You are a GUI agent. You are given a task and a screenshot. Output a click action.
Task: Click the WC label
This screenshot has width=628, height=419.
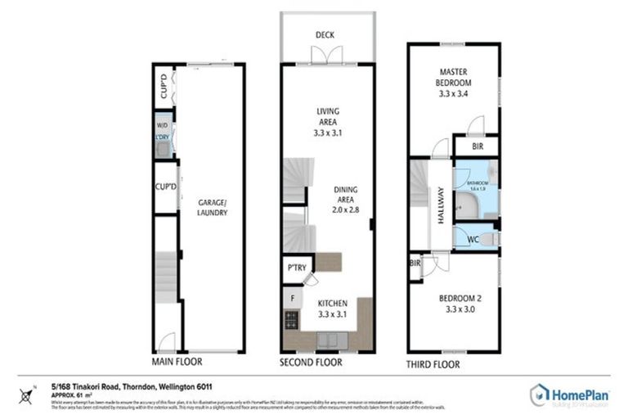click(x=473, y=240)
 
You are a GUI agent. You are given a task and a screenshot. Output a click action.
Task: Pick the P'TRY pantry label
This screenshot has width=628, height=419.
click(x=295, y=268)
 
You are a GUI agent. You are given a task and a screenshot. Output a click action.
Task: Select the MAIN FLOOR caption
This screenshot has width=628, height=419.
click(x=177, y=361)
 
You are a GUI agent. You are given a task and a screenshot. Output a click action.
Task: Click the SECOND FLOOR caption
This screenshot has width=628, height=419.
click(x=311, y=361)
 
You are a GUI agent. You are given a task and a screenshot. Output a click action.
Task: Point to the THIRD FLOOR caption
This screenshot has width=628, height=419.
click(x=433, y=364)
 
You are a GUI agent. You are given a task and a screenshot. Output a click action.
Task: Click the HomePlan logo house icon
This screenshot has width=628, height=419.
click(x=541, y=394)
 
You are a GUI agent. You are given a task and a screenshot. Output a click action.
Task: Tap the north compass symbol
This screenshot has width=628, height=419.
click(x=29, y=398)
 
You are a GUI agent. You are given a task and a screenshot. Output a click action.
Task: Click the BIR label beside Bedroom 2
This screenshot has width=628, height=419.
click(x=415, y=264)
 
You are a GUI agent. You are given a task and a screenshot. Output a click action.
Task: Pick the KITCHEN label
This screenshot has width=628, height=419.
click(x=331, y=302)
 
